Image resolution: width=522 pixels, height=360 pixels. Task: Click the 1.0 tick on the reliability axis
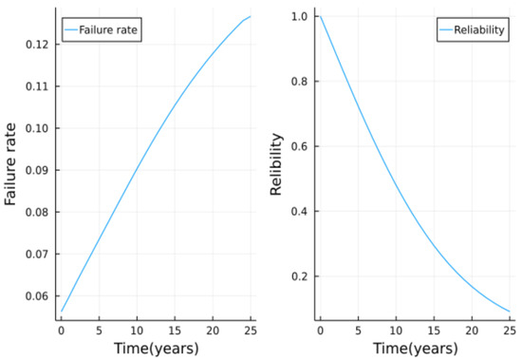[299, 16]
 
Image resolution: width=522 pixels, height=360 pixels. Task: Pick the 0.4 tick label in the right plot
[299, 211]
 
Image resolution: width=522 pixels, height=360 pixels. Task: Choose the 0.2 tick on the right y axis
[299, 276]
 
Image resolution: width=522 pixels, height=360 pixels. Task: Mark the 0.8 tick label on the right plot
[299, 82]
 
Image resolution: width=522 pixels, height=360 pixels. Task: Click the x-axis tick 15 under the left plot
[174, 331]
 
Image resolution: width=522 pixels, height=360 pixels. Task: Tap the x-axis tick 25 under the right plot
[509, 331]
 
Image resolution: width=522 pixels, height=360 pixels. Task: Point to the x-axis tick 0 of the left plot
[62, 331]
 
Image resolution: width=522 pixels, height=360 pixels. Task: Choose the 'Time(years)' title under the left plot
[155, 349]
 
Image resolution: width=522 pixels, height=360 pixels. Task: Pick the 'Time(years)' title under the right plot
[415, 349]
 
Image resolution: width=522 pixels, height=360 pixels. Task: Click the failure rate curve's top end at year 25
[250, 16]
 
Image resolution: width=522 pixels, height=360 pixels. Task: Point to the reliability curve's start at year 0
[321, 16]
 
